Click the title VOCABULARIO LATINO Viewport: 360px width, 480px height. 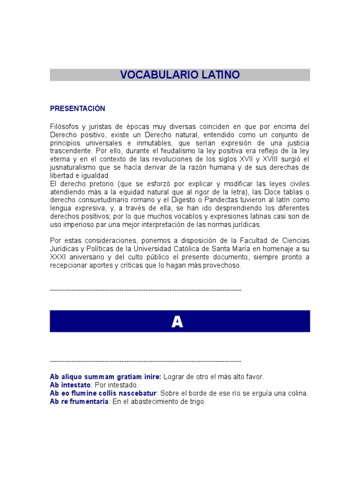(x=180, y=75)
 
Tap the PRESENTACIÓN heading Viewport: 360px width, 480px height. (x=77, y=109)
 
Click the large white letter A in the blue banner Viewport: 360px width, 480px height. (x=177, y=322)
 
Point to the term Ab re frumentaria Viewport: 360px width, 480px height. (x=79, y=402)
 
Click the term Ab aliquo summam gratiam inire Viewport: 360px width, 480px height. (x=105, y=376)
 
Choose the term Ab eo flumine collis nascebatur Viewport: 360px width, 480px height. (x=103, y=393)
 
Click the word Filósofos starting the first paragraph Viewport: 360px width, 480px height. (x=64, y=127)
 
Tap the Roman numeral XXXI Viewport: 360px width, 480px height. (x=59, y=257)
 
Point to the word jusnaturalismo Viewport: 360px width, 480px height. (x=74, y=168)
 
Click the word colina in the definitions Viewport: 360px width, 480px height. (x=298, y=393)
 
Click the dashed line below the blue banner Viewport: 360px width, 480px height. (x=145, y=361)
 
